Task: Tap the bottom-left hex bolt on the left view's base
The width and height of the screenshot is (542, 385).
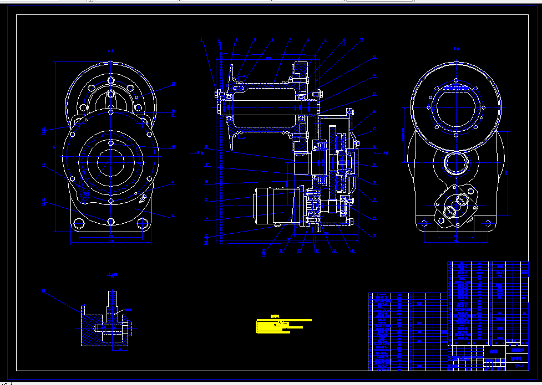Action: (77, 224)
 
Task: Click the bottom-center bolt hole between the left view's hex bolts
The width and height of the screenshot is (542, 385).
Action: (111, 222)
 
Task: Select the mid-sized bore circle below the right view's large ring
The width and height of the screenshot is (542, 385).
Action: (457, 165)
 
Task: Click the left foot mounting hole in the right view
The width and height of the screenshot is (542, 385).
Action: (425, 223)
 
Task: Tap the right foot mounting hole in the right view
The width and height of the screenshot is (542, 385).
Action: (489, 223)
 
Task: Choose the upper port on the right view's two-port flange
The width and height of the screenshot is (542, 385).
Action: (460, 198)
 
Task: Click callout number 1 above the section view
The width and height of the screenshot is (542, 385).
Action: (202, 40)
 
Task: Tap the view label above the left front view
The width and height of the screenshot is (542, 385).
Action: (111, 50)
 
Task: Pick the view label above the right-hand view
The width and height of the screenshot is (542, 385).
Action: (457, 49)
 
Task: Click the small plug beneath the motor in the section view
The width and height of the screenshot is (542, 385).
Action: (276, 225)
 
